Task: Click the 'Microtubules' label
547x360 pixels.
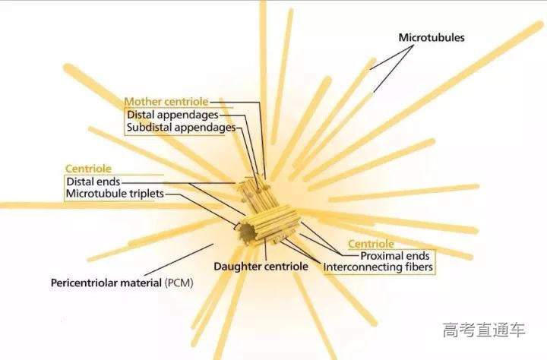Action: [x=432, y=38]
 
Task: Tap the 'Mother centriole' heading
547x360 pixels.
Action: [x=166, y=102]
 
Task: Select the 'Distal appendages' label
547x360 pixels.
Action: [x=172, y=115]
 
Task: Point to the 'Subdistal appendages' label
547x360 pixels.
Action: [x=181, y=128]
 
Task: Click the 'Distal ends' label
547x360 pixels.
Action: [x=93, y=182]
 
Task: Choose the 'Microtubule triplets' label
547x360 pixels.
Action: [x=115, y=194]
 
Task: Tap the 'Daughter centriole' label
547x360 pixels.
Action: [x=261, y=267]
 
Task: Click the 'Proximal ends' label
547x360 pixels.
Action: [x=394, y=256]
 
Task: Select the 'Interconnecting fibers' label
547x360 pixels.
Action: [x=378, y=267]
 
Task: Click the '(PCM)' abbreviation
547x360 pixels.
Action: [x=179, y=283]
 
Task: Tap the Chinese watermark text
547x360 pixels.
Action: [x=484, y=330]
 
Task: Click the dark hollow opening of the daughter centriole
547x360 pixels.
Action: [x=248, y=232]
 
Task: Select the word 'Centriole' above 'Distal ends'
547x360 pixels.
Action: [x=88, y=169]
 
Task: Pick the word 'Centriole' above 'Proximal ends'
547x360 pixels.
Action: [x=371, y=244]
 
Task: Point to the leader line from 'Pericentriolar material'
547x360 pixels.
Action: [x=179, y=260]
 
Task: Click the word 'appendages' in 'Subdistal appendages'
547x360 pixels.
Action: [x=205, y=128]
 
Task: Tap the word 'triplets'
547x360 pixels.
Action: [x=146, y=194]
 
